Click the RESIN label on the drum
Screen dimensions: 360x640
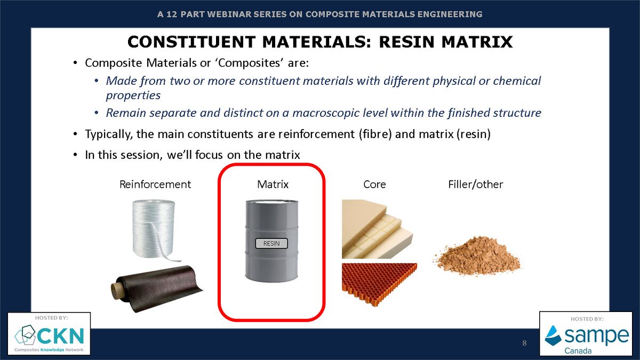[x=271, y=244]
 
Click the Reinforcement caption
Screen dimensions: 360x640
[x=155, y=185]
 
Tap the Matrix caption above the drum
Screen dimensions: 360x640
[x=273, y=185]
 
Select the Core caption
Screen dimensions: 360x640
[x=374, y=185]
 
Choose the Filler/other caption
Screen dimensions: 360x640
[x=476, y=185]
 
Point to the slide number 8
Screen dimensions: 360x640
[x=524, y=343]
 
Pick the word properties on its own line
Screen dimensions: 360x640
[x=133, y=95]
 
